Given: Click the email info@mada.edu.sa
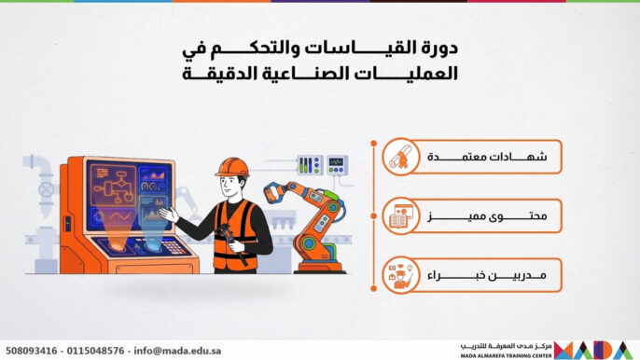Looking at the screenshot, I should click(178, 351).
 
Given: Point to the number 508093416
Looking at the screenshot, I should click(32, 351).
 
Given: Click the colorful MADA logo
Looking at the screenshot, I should click(596, 350).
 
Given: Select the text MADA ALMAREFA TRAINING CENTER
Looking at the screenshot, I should click(503, 355).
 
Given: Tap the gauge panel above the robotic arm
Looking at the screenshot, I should click(322, 165).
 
